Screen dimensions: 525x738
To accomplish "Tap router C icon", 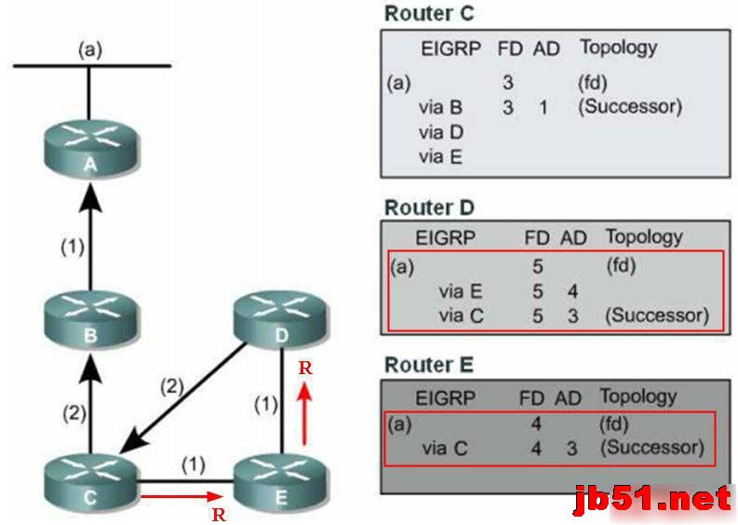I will [x=89, y=485].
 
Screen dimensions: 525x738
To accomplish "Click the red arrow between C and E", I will [x=181, y=496].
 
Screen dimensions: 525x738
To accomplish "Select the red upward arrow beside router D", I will [x=303, y=405].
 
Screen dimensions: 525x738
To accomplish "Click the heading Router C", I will [x=428, y=13].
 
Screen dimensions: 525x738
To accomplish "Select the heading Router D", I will [x=428, y=207].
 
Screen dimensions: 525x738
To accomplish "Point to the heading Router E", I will [x=428, y=364].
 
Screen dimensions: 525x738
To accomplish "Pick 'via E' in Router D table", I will [x=461, y=292].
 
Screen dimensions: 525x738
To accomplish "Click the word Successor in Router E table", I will [x=651, y=448].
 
